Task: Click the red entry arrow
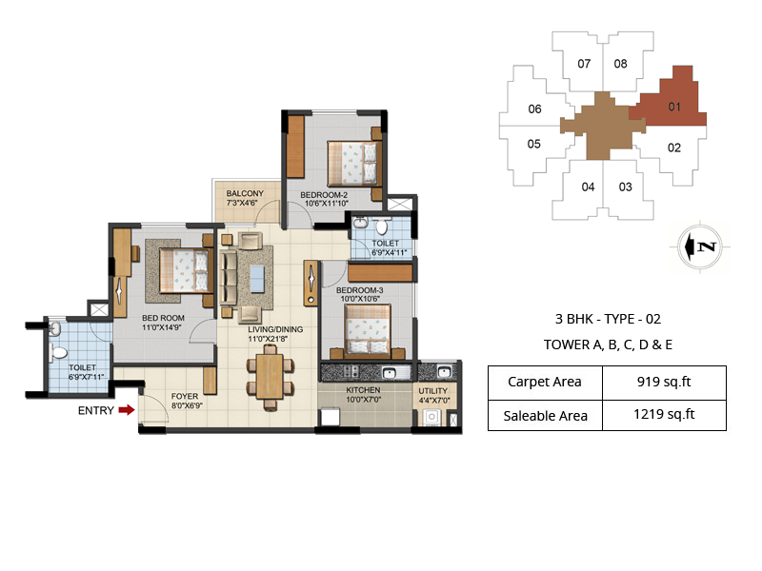tap(127, 410)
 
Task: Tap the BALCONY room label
tap(245, 193)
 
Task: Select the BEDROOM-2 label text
tap(324, 195)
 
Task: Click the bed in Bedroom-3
tap(368, 329)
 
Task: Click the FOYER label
tap(185, 396)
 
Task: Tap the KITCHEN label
tap(363, 390)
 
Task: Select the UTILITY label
tap(433, 391)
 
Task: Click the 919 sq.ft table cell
tap(664, 383)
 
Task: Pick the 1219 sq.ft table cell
tap(664, 415)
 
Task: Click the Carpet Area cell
tap(545, 383)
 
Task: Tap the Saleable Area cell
tap(545, 416)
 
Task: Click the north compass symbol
tap(700, 246)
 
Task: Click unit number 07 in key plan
tap(584, 64)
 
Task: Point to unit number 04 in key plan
tap(588, 187)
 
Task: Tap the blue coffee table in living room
tap(257, 278)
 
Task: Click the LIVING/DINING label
tap(275, 329)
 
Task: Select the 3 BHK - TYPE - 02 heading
tap(608, 319)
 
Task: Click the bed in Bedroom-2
tap(352, 164)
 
